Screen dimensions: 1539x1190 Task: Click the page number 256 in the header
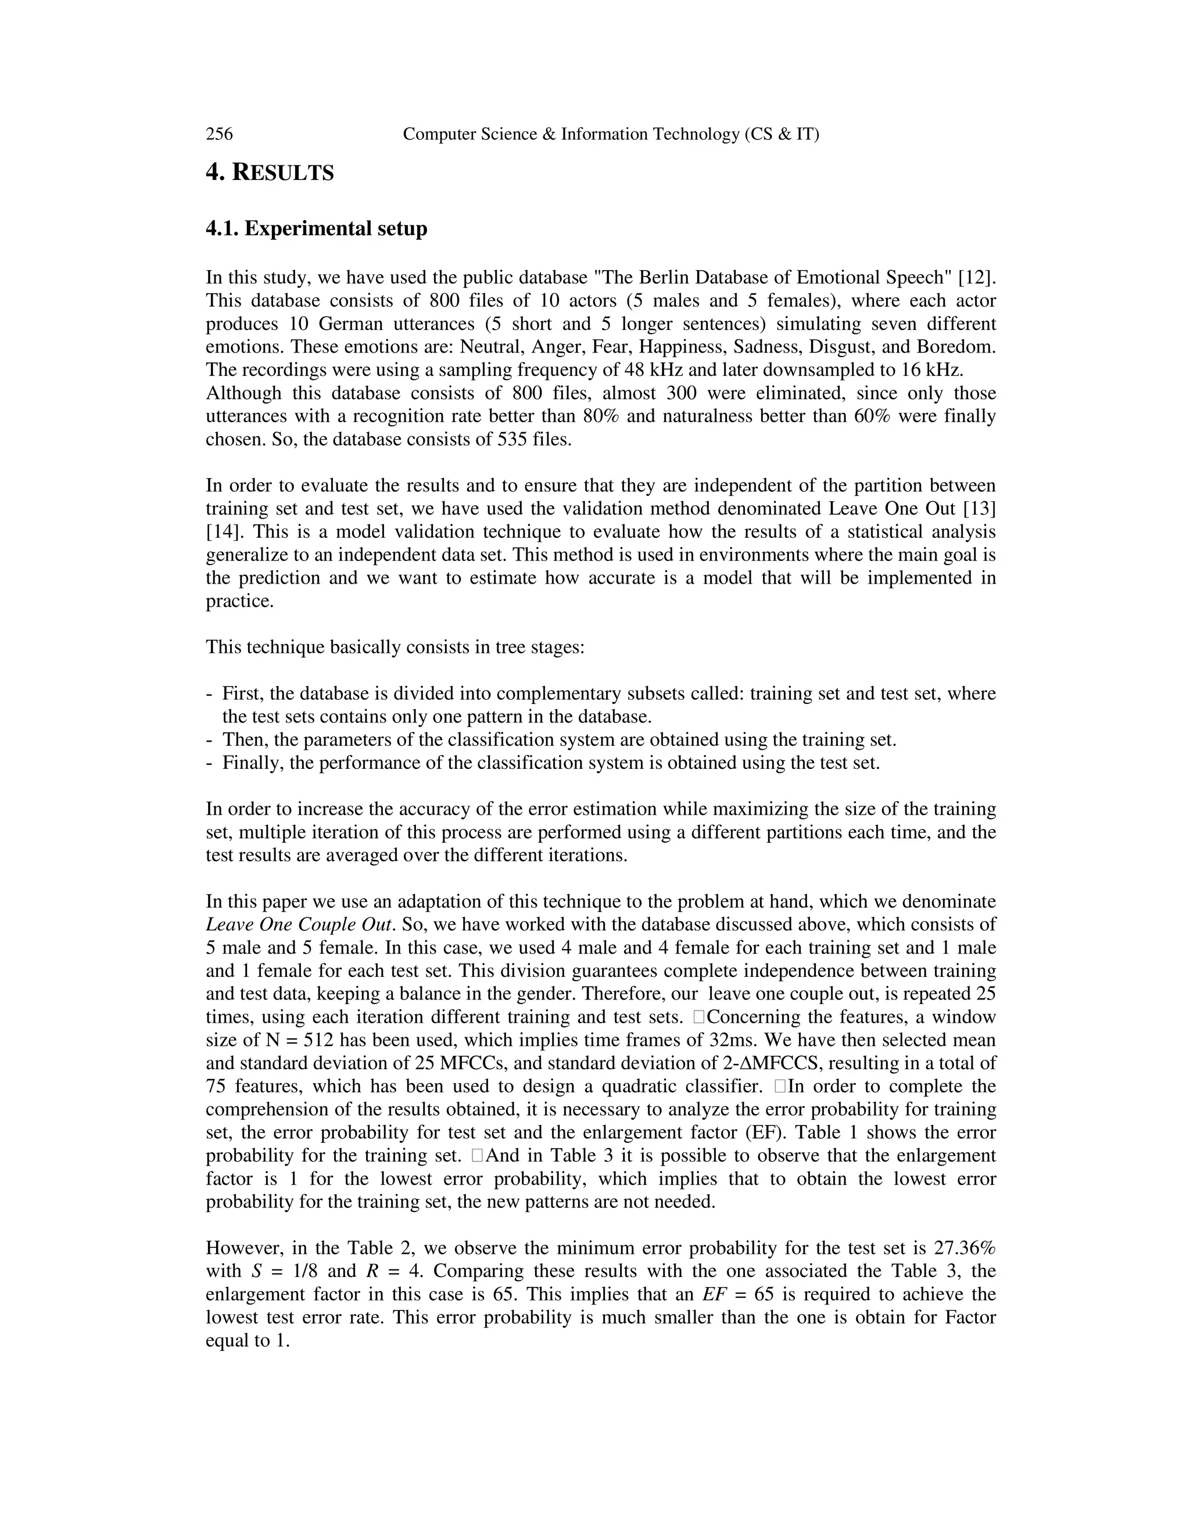[x=219, y=134]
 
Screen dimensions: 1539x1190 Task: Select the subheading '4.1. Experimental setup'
[x=317, y=229]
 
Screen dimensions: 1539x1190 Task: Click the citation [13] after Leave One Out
[x=979, y=509]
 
